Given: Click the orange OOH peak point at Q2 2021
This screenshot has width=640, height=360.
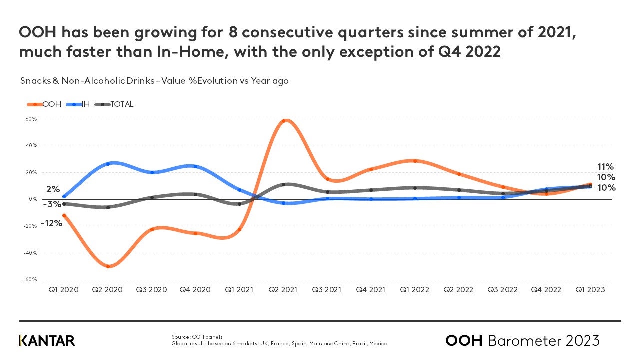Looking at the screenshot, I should (x=284, y=121).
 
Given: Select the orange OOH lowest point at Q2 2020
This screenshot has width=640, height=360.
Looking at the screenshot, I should (x=108, y=266).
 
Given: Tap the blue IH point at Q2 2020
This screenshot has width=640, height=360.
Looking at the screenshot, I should (x=108, y=163).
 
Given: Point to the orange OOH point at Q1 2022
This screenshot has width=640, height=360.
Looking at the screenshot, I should (x=415, y=161).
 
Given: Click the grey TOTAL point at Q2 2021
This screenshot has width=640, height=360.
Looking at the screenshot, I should (x=284, y=184).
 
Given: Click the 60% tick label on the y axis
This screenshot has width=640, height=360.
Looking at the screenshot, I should (x=31, y=119).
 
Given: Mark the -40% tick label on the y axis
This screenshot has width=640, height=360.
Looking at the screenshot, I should (x=30, y=253).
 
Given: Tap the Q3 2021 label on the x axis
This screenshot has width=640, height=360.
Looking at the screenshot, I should (x=327, y=290).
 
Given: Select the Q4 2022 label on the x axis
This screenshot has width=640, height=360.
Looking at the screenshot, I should (x=546, y=290).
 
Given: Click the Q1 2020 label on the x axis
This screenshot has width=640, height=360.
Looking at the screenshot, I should (x=63, y=290).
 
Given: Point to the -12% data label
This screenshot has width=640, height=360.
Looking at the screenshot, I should (x=52, y=223).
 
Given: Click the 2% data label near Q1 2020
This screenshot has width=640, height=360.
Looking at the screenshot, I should (x=53, y=189).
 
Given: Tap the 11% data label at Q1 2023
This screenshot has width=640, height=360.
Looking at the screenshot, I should (x=606, y=167).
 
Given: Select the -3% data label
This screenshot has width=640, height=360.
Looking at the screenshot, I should (x=52, y=204).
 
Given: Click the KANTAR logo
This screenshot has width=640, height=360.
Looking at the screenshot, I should (x=47, y=341).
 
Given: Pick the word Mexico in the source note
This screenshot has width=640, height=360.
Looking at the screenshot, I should (x=377, y=344).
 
